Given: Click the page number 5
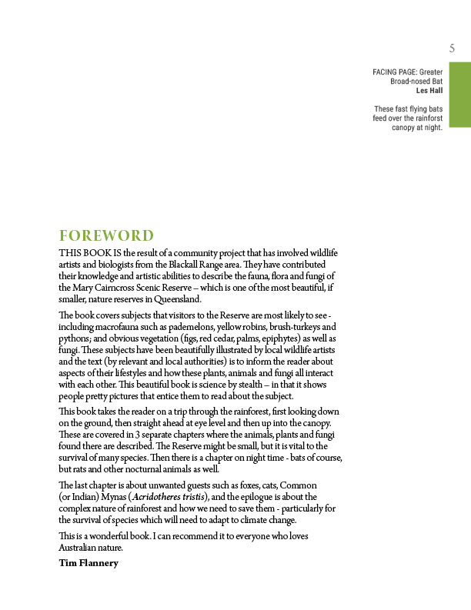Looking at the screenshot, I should coord(453,48).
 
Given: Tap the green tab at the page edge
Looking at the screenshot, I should coord(460,97).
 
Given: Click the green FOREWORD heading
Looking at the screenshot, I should coord(106,236).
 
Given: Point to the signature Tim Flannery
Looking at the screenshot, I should coord(89,563).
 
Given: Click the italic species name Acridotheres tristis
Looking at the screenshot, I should coord(172,497).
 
